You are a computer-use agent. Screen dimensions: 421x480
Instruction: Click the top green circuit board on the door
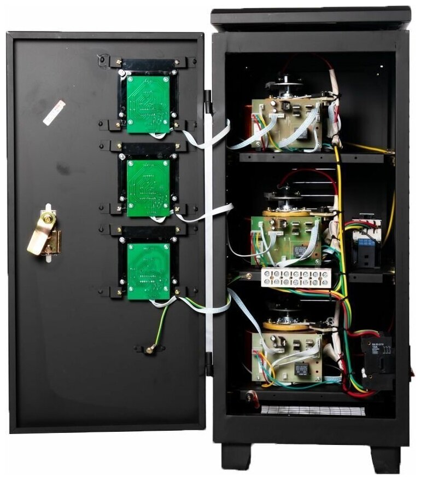click(x=148, y=104)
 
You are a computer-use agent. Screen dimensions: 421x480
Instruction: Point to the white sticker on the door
click(x=54, y=112)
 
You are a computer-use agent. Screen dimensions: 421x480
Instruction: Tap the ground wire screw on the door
click(x=150, y=348)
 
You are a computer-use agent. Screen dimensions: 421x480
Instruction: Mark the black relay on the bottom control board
click(x=301, y=368)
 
